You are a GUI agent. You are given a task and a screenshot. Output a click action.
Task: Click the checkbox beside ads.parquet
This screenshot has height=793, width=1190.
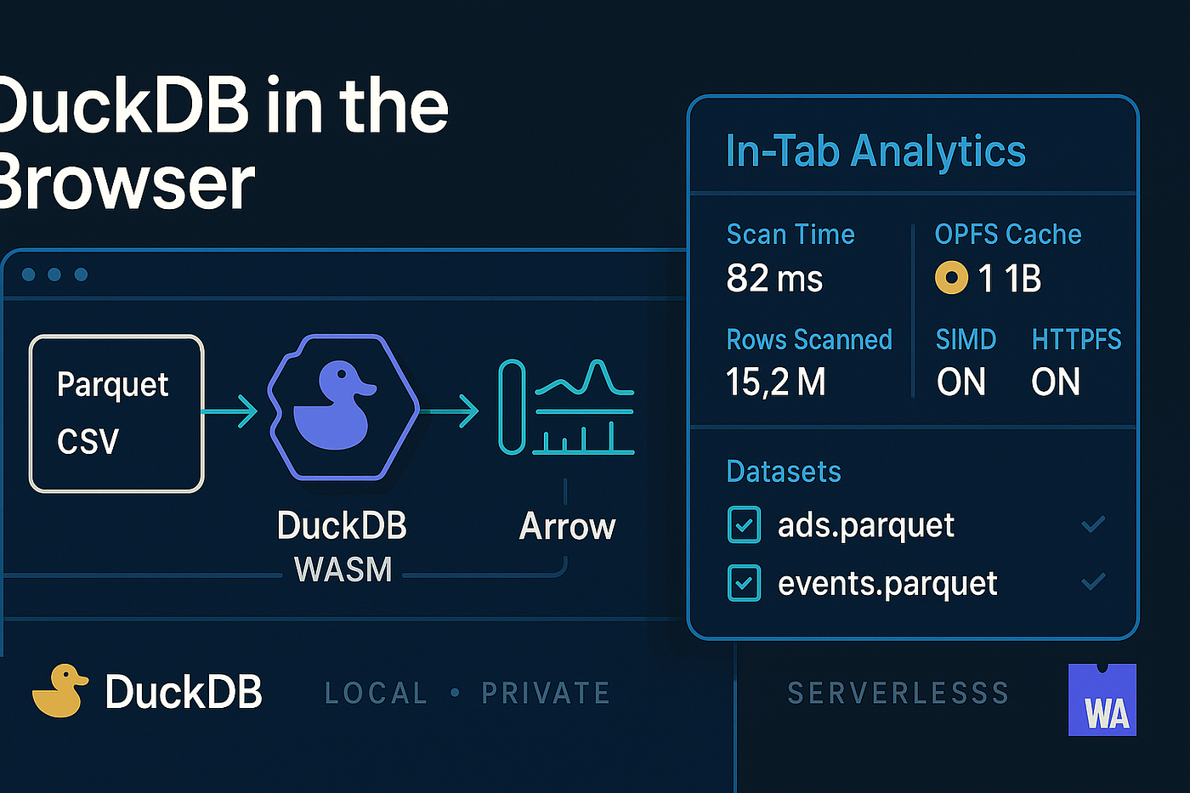pyautogui.click(x=744, y=524)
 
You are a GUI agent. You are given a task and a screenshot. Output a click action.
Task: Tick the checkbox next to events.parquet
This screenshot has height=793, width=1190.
pyautogui.click(x=744, y=583)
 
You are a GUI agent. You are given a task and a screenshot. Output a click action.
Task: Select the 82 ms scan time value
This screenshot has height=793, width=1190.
pyautogui.click(x=774, y=278)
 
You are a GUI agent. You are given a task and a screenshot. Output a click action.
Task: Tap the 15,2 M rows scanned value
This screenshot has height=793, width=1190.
pyautogui.click(x=775, y=382)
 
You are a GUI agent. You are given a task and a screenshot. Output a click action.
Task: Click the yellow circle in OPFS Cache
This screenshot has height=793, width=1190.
pyautogui.click(x=951, y=277)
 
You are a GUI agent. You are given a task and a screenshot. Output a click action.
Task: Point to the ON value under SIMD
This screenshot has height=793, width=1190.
pyautogui.click(x=961, y=382)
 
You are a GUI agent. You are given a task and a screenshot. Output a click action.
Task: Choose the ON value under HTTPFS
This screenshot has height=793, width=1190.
pyautogui.click(x=1056, y=382)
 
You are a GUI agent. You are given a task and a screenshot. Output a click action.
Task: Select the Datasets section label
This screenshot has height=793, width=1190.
pyautogui.click(x=784, y=471)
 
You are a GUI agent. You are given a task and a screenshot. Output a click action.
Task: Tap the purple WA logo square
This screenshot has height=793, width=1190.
pyautogui.click(x=1102, y=700)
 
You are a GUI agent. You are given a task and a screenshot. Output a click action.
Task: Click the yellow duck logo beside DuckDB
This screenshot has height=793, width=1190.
pyautogui.click(x=60, y=690)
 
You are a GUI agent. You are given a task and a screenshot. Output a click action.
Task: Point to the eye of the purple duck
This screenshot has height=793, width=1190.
pyautogui.click(x=342, y=374)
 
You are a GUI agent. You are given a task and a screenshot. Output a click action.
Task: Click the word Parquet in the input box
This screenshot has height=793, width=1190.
pyautogui.click(x=112, y=384)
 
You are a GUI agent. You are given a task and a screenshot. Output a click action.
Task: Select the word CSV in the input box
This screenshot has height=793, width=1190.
pyautogui.click(x=88, y=440)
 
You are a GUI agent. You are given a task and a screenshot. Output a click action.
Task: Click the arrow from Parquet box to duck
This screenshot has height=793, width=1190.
pyautogui.click(x=229, y=411)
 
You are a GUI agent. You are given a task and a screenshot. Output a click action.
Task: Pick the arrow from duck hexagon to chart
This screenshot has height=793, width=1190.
pyautogui.click(x=450, y=411)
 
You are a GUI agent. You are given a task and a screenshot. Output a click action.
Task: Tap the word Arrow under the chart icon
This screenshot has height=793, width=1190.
pyautogui.click(x=568, y=526)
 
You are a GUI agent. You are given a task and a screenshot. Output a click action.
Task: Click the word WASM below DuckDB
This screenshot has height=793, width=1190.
pyautogui.click(x=343, y=569)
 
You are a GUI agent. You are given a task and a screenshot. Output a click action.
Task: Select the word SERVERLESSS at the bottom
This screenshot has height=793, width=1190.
pyautogui.click(x=898, y=693)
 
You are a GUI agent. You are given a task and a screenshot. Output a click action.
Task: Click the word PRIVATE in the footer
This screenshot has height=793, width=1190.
pyautogui.click(x=546, y=693)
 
